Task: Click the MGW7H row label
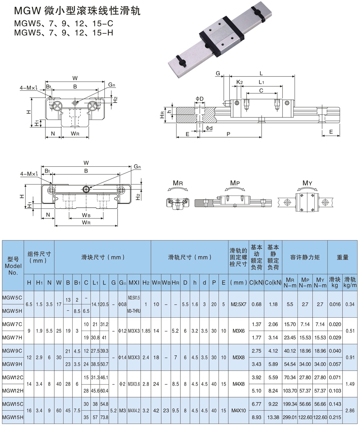pyautogui.click(x=12, y=337)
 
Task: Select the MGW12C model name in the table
pyautogui.click(x=12, y=377)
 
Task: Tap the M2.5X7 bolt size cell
pyautogui.click(x=238, y=304)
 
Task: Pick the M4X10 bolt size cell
pyautogui.click(x=238, y=411)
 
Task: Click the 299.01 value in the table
pyautogui.click(x=290, y=417)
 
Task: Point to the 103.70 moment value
pyautogui.click(x=290, y=391)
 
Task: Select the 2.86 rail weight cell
pyautogui.click(x=350, y=411)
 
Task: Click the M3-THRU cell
pyautogui.click(x=134, y=311)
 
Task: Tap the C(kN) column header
pyautogui.click(x=256, y=283)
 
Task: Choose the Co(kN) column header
pyautogui.click(x=273, y=283)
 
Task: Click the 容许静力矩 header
pyautogui.click(x=305, y=257)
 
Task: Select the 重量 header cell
pyautogui.click(x=342, y=257)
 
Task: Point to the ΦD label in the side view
pyautogui.click(x=199, y=99)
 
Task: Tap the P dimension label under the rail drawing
pyautogui.click(x=228, y=134)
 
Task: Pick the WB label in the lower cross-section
pyautogui.click(x=86, y=215)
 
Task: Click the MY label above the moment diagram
pyautogui.click(x=307, y=183)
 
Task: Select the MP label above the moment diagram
pyautogui.click(x=235, y=183)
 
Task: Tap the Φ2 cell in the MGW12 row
pyautogui.click(x=122, y=384)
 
